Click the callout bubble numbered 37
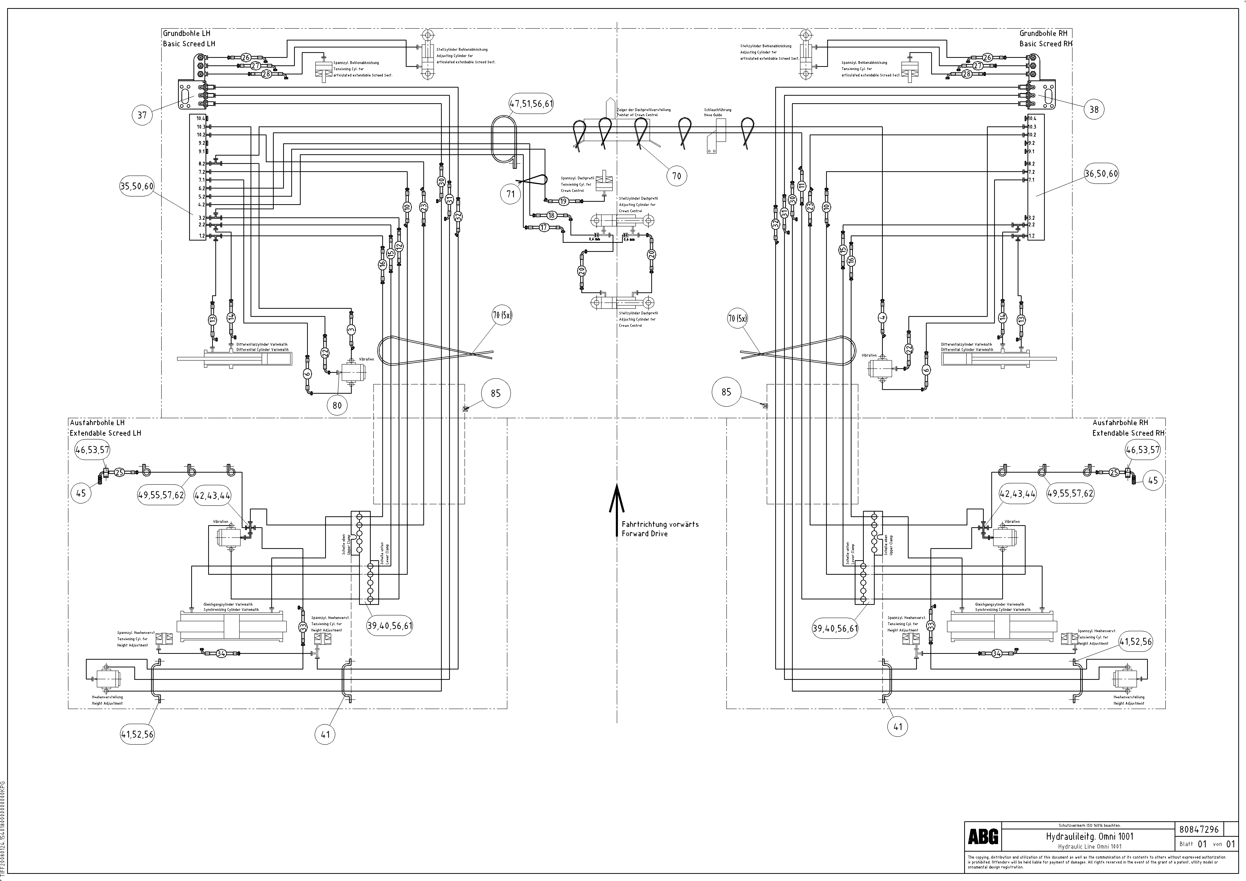142,115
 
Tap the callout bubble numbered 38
1094,110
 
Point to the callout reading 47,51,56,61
531,104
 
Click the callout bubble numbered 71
511,194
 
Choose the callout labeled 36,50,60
1101,174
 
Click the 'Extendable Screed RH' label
1128,433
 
